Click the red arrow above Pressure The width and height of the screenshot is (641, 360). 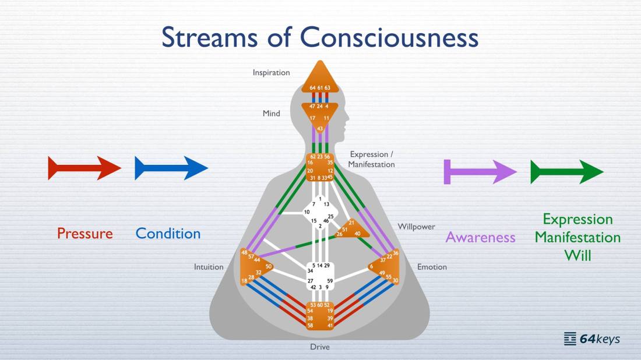pyautogui.click(x=84, y=168)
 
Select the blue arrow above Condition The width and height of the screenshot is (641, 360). pyautogui.click(x=171, y=168)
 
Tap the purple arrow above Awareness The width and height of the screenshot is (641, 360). pyautogui.click(x=480, y=172)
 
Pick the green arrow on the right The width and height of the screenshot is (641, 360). pyautogui.click(x=567, y=172)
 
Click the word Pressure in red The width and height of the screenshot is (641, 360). pyautogui.click(x=85, y=234)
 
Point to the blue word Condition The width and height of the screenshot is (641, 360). pyautogui.click(x=168, y=234)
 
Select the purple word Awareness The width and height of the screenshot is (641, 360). pyautogui.click(x=480, y=237)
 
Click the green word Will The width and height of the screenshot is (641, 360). pyautogui.click(x=577, y=255)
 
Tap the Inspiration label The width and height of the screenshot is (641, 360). pyautogui.click(x=271, y=73)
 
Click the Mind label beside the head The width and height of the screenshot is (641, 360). pyautogui.click(x=272, y=113)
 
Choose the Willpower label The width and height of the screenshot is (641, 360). pyautogui.click(x=416, y=227)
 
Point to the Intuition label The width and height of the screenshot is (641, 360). pyautogui.click(x=209, y=267)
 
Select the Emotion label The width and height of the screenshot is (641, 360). pyautogui.click(x=432, y=267)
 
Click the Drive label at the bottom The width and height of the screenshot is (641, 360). pyautogui.click(x=320, y=347)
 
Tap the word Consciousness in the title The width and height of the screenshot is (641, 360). pyautogui.click(x=389, y=37)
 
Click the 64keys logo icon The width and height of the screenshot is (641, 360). pyautogui.click(x=570, y=339)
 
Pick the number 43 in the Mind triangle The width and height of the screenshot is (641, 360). pyautogui.click(x=320, y=129)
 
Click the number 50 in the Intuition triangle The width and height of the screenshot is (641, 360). pyautogui.click(x=269, y=266)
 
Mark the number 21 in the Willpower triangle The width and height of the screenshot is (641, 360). pyautogui.click(x=351, y=223)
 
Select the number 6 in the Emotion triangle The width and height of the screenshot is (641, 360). pyautogui.click(x=371, y=266)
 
